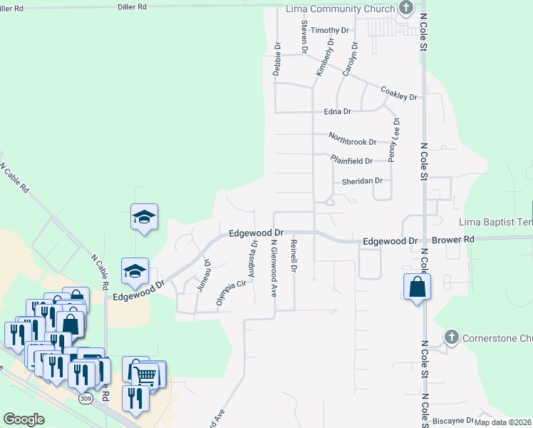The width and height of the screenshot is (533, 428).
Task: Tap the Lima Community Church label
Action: click(341, 9)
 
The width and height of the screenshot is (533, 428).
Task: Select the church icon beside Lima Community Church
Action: click(406, 9)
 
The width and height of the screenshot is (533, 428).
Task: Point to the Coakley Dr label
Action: click(398, 93)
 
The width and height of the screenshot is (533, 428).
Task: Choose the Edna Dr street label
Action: click(338, 112)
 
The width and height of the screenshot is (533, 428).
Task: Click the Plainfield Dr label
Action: click(351, 161)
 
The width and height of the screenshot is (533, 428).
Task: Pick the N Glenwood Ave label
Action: click(274, 267)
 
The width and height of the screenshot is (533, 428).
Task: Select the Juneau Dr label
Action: click(208, 272)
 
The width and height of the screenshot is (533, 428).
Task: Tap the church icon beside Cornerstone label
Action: click(450, 337)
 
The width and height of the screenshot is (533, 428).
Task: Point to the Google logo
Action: click(24, 419)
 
